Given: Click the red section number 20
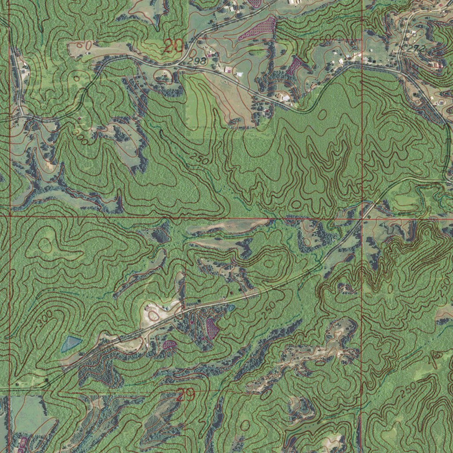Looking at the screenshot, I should click(x=173, y=46).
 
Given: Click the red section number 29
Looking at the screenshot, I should click(x=185, y=395).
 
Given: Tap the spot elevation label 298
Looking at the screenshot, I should click(x=197, y=61).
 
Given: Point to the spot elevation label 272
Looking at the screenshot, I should click(x=416, y=48).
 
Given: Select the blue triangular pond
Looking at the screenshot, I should click(x=70, y=343).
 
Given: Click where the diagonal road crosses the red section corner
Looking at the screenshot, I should click(x=362, y=218).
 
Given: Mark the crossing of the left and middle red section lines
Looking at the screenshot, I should click(x=9, y=217).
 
